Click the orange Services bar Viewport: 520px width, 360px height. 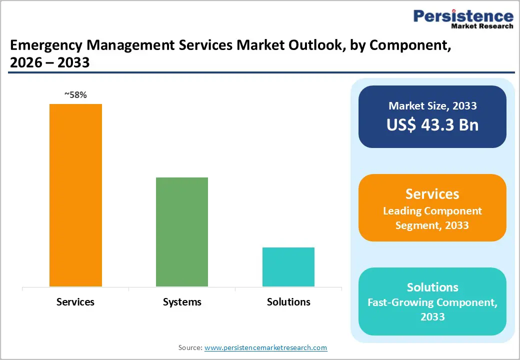[75, 195]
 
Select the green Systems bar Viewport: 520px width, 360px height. [182, 231]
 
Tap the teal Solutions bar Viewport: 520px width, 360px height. [288, 266]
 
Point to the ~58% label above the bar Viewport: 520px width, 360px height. [75, 95]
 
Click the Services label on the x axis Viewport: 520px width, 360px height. [75, 302]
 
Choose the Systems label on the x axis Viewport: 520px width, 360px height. [182, 302]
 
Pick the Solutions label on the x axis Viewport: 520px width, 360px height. [288, 302]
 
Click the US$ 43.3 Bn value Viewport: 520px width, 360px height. [432, 125]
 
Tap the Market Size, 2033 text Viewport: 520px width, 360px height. [432, 105]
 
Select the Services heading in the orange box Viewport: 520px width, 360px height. [432, 194]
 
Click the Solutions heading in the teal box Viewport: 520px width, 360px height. [432, 287]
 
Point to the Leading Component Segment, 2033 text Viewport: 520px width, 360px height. [432, 218]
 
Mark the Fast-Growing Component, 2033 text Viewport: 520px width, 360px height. [432, 309]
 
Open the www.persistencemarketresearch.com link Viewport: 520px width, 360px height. [266, 347]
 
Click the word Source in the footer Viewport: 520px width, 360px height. [190, 347]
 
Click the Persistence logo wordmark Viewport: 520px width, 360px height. [463, 16]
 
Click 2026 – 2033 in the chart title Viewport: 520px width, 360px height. [49, 62]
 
